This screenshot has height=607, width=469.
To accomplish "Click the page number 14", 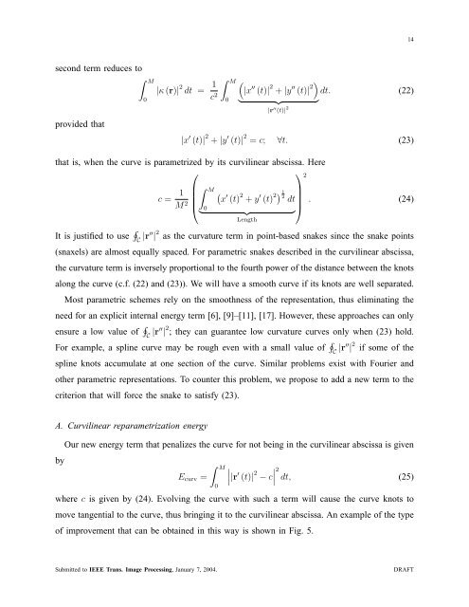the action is tap(437, 40).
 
